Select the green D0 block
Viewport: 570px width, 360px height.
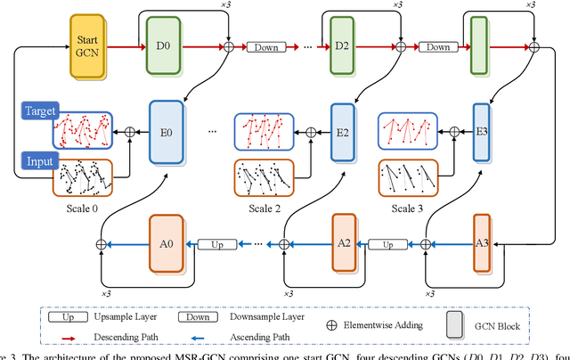(x=163, y=46)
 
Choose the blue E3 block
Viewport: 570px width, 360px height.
(x=482, y=132)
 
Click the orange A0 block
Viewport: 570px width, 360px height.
(x=166, y=242)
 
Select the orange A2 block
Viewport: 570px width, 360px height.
(x=344, y=242)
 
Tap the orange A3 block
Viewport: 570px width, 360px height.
(x=482, y=242)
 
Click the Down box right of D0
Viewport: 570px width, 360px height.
(x=269, y=46)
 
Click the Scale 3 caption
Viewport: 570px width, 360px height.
(x=407, y=207)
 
